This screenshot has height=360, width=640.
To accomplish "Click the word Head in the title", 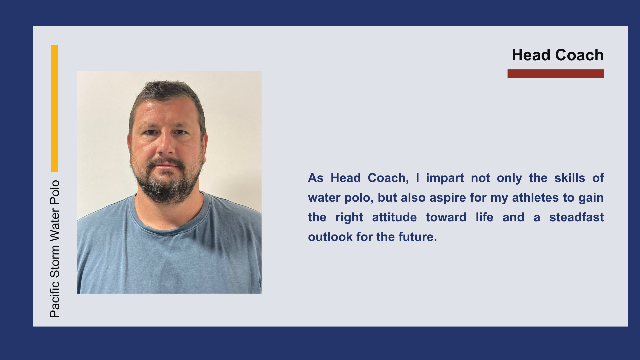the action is click(x=531, y=55).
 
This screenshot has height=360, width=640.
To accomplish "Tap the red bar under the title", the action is click(x=556, y=74).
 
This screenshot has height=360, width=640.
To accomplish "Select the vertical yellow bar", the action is click(x=54, y=109).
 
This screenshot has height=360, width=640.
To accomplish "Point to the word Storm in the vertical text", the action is click(x=55, y=262).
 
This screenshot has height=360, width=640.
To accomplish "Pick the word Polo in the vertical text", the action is click(x=55, y=192).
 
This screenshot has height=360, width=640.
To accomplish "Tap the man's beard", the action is click(x=166, y=182).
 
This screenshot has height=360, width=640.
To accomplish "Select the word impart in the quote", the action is click(x=445, y=178).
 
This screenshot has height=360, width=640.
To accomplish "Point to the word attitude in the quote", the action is click(x=394, y=217).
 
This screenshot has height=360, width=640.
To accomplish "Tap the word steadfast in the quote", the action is click(x=577, y=217).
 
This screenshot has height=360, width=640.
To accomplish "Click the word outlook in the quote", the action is click(x=330, y=237).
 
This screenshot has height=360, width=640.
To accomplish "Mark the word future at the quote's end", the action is click(x=418, y=237).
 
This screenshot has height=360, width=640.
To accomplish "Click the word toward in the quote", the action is click(x=446, y=217).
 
